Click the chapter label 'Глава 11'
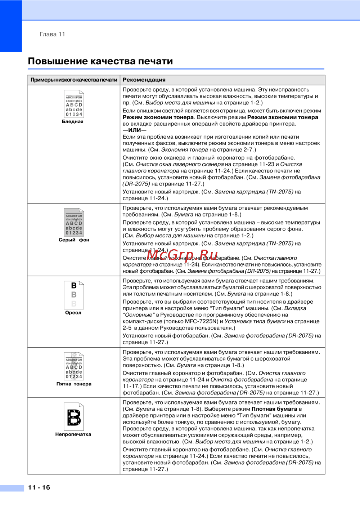(52, 34)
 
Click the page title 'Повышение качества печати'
(100, 61)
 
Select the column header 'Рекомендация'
(144, 80)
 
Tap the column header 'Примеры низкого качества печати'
(74, 80)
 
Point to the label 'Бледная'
(72, 122)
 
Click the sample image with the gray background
(74, 222)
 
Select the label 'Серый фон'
(74, 240)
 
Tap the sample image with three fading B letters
(74, 295)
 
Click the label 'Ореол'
(73, 313)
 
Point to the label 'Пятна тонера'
(74, 384)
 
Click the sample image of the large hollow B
(74, 417)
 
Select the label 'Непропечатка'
(73, 434)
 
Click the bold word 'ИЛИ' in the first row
(134, 130)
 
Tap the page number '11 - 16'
(39, 487)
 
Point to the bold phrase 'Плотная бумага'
(274, 409)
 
